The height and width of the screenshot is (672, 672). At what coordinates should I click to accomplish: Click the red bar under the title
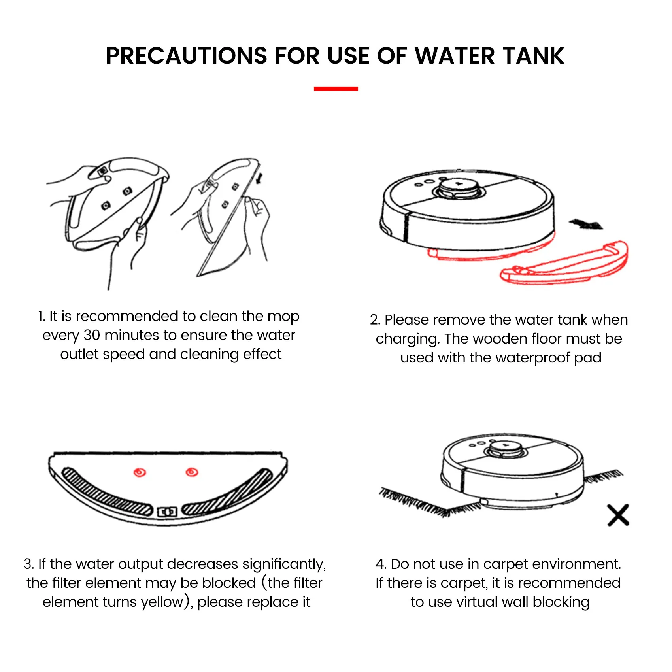coord(336,89)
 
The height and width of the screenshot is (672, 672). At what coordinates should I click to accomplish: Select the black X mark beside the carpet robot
coord(618,515)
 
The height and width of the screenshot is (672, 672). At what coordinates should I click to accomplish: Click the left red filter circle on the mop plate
coord(140,472)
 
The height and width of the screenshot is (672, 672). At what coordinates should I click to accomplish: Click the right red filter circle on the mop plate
coord(192,472)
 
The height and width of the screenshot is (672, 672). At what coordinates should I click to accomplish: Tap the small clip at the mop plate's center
coord(167,512)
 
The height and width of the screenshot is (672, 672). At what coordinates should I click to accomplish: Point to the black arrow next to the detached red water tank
coord(586,225)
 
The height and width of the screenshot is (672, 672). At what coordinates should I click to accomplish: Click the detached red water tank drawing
coord(565,265)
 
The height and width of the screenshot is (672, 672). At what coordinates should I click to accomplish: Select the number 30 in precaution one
coord(92,335)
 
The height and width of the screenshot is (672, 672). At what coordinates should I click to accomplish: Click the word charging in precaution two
coord(407,339)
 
